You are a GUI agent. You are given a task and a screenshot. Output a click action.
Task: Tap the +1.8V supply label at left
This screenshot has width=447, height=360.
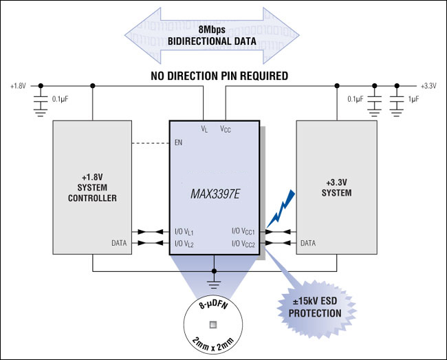click(18, 86)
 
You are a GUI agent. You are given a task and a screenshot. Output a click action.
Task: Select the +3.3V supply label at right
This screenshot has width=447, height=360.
click(429, 86)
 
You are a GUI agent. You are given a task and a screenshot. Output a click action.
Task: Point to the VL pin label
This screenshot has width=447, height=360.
click(204, 129)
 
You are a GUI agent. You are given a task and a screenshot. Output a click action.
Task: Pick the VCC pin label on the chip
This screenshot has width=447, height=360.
click(226, 129)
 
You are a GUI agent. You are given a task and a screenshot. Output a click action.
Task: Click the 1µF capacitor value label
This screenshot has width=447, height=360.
click(413, 99)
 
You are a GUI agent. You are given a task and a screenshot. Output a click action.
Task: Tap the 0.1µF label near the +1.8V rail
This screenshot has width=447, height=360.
click(60, 99)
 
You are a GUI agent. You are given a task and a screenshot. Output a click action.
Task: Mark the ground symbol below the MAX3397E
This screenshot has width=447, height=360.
click(215, 280)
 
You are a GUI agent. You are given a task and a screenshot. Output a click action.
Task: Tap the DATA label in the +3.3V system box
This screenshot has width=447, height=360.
click(308, 243)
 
